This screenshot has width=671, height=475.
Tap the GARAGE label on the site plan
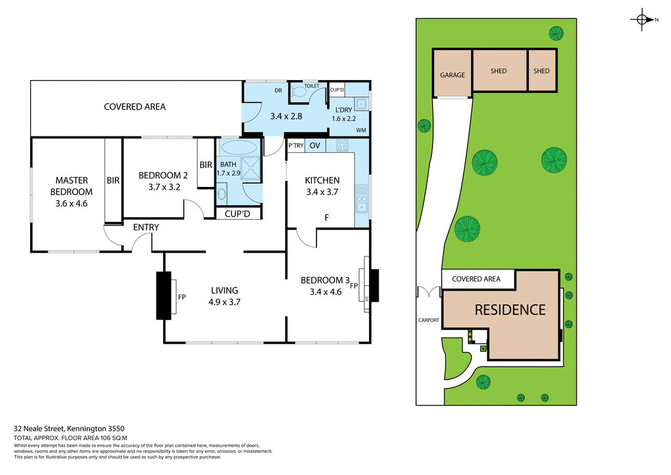click(x=452, y=75)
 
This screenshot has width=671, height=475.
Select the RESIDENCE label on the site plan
click(x=510, y=310)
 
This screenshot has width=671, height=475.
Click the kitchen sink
click(x=361, y=199)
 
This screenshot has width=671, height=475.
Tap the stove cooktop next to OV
click(x=341, y=146)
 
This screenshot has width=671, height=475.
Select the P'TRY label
click(x=296, y=146)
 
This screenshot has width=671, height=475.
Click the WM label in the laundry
click(x=360, y=131)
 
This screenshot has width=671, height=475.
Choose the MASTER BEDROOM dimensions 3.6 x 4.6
click(x=71, y=203)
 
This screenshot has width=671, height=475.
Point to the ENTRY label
click(x=146, y=228)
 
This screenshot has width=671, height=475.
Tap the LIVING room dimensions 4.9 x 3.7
click(x=224, y=302)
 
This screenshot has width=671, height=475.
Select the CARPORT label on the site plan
click(x=429, y=321)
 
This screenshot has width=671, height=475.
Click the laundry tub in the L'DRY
click(x=360, y=103)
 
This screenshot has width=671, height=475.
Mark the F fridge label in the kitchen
click(x=325, y=217)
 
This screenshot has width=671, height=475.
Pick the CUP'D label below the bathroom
click(x=239, y=213)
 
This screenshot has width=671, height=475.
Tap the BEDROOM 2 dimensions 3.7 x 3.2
click(x=159, y=187)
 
